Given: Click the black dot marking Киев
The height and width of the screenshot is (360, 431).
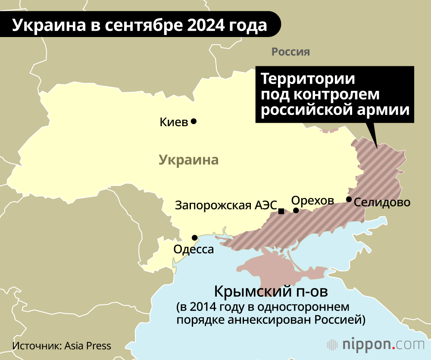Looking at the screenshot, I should click(x=194, y=121).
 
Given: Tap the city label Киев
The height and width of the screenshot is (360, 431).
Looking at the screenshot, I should click(x=174, y=122).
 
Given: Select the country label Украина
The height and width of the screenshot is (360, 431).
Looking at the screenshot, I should click(x=189, y=160).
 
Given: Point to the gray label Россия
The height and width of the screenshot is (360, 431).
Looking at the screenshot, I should click(x=290, y=52).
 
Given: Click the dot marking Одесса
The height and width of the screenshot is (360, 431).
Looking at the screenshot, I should click(x=195, y=237).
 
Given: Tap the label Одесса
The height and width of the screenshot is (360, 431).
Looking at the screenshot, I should click(x=193, y=249).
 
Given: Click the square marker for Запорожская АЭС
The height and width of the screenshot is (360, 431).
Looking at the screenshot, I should click(x=281, y=211).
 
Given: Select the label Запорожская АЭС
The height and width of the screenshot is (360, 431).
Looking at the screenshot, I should click(x=225, y=205).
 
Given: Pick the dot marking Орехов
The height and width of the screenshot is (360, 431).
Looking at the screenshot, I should click(x=296, y=210).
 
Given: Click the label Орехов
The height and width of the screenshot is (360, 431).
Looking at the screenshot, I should click(x=312, y=200).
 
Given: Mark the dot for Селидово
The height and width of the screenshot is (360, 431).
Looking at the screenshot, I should click(x=349, y=199).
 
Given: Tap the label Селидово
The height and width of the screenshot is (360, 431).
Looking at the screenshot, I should click(x=382, y=202).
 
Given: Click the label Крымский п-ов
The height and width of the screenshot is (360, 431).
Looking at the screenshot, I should click(x=271, y=292).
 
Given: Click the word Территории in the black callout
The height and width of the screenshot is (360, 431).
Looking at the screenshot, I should click(x=308, y=80).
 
